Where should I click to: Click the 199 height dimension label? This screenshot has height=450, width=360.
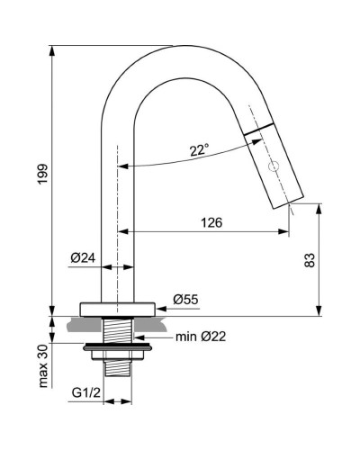[x=42, y=175]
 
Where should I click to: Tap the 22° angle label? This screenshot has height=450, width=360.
[x=200, y=149]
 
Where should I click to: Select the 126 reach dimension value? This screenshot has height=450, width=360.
[x=211, y=222]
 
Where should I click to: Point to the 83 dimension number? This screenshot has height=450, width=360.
[x=310, y=260]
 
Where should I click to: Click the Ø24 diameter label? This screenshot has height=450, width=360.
[x=83, y=257]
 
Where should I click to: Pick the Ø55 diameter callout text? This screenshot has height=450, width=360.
[x=185, y=300]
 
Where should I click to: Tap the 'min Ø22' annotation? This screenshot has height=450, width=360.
[x=201, y=337]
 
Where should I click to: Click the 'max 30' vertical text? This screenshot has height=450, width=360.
[x=43, y=366]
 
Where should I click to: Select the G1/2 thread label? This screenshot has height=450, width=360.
[x=86, y=392]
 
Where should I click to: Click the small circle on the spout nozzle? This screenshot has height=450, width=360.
[x=274, y=166]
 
